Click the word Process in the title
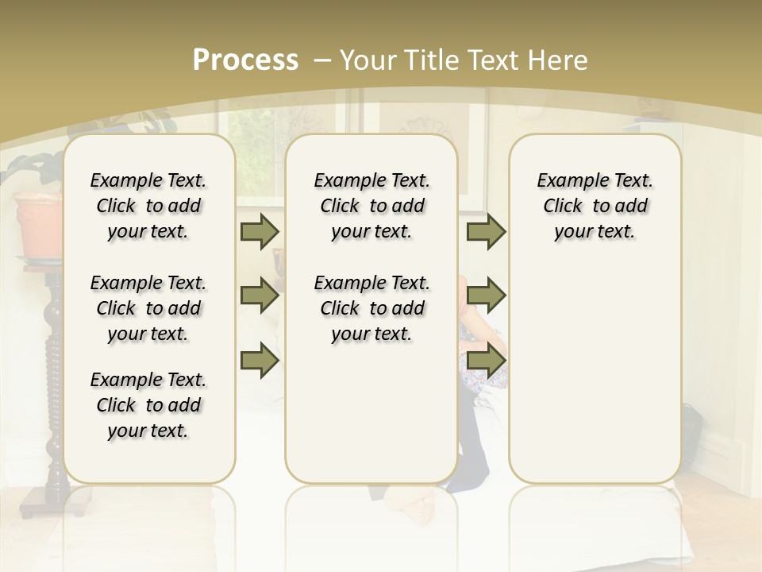(x=245, y=60)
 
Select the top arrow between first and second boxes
(x=260, y=231)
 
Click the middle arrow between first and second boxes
(x=260, y=296)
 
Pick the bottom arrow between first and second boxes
(x=260, y=360)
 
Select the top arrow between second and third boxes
(x=487, y=231)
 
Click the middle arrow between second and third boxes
(x=487, y=296)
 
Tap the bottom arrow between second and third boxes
(x=487, y=360)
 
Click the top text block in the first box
(x=148, y=206)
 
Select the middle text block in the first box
(x=148, y=308)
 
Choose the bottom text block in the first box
(x=148, y=405)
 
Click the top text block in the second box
(x=371, y=206)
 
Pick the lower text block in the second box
(x=371, y=308)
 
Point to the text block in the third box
(x=595, y=206)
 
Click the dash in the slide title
(x=322, y=60)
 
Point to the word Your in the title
(x=368, y=60)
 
